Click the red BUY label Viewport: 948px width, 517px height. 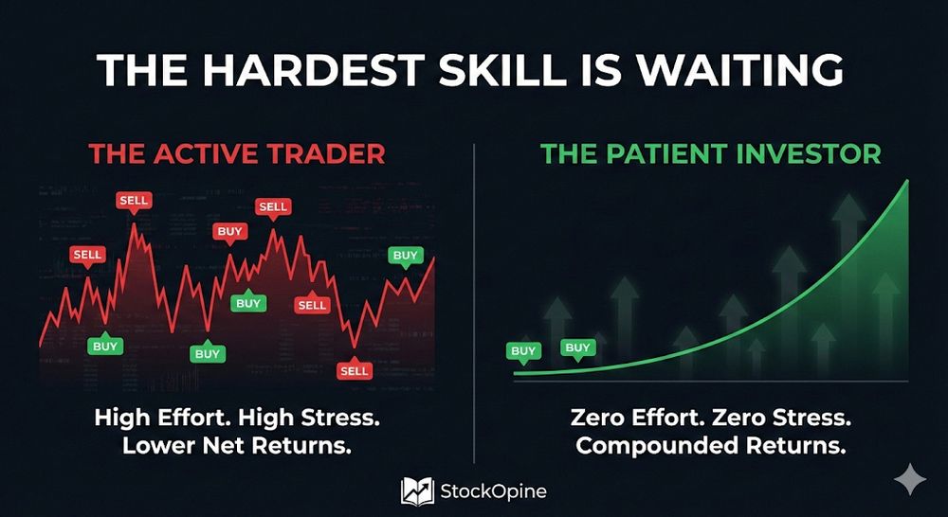(229, 232)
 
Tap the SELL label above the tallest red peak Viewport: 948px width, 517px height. (134, 201)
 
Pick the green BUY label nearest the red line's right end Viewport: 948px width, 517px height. (405, 256)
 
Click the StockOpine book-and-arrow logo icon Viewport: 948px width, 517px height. (417, 490)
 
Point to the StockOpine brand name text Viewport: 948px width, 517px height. (493, 491)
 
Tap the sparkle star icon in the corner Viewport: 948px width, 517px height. (909, 479)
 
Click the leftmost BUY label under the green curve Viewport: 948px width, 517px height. (523, 351)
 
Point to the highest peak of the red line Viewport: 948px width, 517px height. (134, 224)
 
